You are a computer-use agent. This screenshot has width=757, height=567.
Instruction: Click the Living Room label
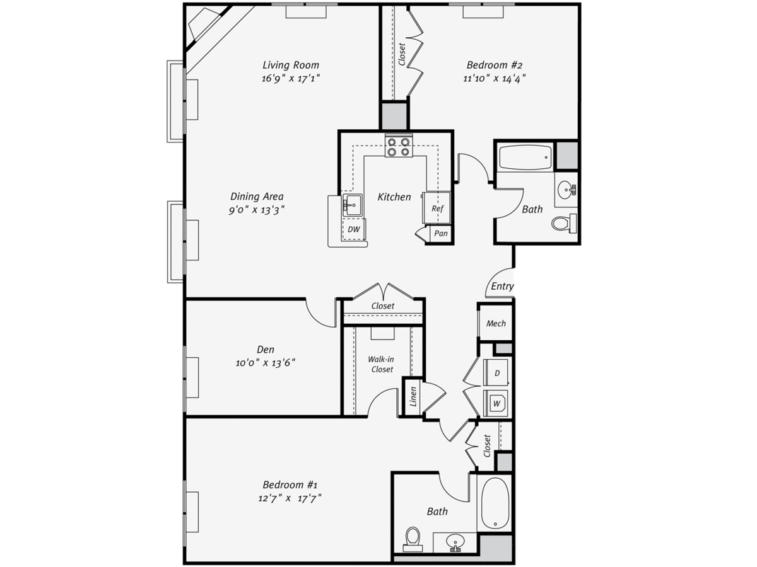291,65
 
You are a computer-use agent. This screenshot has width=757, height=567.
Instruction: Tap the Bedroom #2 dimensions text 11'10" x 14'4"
494,79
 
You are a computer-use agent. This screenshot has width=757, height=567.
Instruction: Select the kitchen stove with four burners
399,146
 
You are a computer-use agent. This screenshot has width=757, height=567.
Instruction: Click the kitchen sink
352,205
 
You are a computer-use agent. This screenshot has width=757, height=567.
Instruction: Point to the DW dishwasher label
353,229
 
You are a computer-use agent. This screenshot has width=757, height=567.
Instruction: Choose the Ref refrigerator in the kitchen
437,208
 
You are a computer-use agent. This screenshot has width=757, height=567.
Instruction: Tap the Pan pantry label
441,233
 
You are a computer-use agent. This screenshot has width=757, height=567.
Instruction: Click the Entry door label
502,286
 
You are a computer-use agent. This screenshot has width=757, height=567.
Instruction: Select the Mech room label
496,323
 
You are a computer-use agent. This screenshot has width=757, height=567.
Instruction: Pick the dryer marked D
496,372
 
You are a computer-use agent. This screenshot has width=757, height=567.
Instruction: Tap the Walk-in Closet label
382,364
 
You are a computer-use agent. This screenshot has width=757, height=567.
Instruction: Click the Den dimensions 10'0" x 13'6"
265,363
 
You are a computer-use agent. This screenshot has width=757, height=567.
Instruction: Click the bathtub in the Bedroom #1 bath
495,503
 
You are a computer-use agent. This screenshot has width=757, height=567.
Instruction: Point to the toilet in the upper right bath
564,223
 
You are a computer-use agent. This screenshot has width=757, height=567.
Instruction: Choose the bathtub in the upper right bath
525,157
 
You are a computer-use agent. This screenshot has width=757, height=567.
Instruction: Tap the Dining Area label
257,197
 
